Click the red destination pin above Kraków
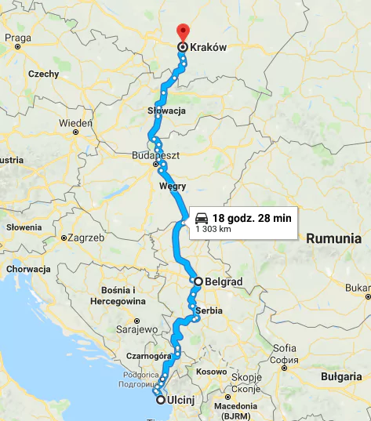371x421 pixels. point(182,31)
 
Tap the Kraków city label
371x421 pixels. point(208,48)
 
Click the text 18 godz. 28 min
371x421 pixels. point(252,217)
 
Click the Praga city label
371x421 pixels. point(17,37)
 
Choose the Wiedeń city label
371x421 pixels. point(76,123)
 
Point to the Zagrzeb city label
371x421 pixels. point(86,237)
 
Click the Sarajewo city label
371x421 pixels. point(137,330)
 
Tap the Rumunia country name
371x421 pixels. point(337,237)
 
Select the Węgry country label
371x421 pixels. point(172,186)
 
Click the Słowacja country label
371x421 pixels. point(166,111)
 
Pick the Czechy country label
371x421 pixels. point(43,74)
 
